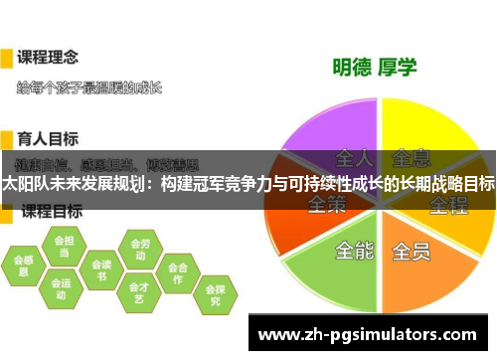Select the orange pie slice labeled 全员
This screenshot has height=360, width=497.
pos(417,261)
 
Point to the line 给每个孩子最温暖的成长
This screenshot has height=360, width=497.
pos(89,88)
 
